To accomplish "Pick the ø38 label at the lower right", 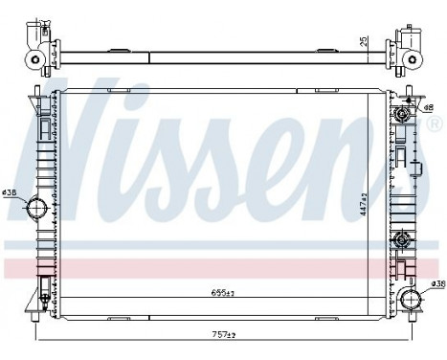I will [x=436, y=284].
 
